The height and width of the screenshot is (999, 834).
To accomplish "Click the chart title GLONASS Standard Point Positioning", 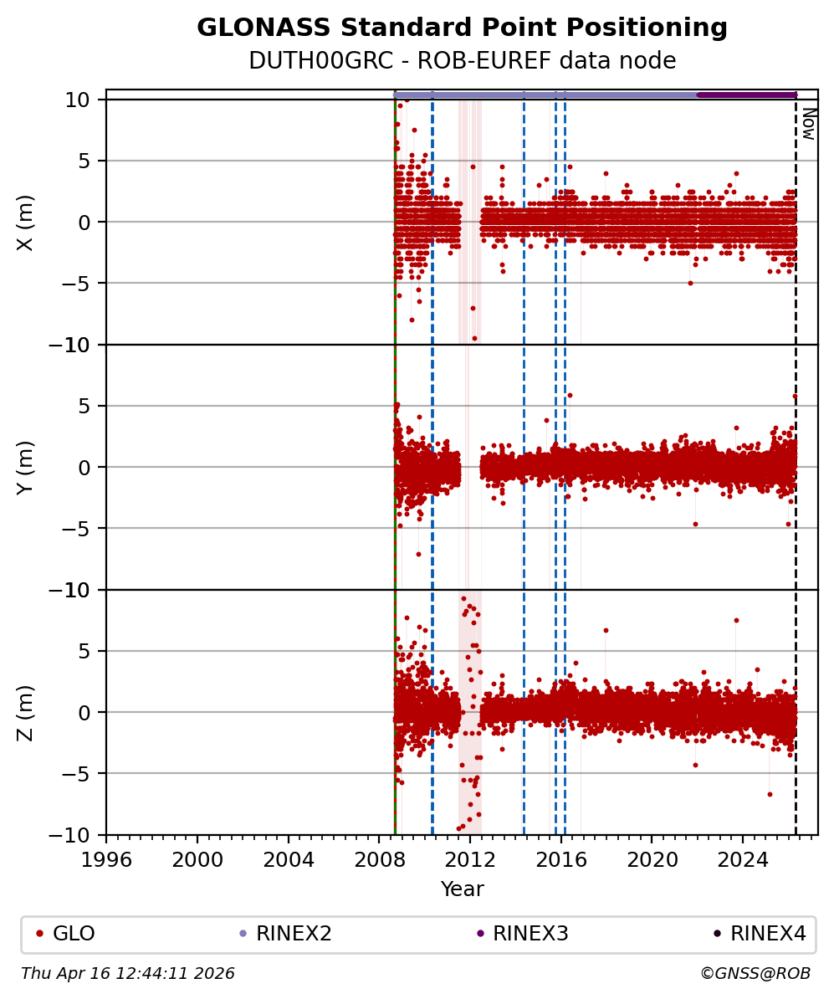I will [462, 28].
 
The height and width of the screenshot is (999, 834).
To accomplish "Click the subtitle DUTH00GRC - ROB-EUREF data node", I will [462, 61].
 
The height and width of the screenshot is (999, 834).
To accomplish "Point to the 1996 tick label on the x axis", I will [106, 859].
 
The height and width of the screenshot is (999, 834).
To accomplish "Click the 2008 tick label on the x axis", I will [379, 859].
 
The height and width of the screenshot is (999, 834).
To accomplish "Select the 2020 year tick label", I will [652, 859].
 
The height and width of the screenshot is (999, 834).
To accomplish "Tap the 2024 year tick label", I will [743, 859].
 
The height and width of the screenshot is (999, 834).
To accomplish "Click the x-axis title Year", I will [462, 889].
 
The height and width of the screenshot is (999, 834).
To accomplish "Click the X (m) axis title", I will [26, 223].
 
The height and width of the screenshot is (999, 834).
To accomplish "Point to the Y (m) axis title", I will [26, 468].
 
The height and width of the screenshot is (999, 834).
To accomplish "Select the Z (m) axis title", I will [26, 713].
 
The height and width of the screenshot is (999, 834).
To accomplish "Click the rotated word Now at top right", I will [809, 124].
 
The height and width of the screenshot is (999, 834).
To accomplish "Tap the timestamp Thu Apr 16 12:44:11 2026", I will [128, 974].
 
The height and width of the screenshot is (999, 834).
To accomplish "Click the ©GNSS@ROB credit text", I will [755, 974].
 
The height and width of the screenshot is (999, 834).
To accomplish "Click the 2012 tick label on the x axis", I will [470, 859].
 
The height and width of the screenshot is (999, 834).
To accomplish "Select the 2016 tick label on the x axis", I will [560, 859].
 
